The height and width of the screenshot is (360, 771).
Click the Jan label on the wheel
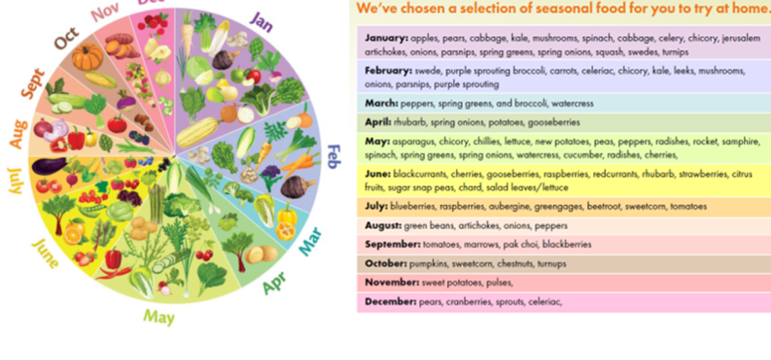tap(261, 21)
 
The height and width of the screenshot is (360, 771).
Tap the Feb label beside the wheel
tap(334, 157)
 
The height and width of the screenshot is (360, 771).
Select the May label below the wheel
tap(159, 317)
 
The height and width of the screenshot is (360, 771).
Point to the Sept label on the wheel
tap(34, 84)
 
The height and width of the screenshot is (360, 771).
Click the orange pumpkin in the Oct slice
tap(88, 57)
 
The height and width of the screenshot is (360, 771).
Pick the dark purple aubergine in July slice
tap(48, 166)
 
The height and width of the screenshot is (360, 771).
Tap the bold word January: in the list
tap(386, 39)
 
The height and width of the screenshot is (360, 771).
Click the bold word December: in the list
tap(390, 302)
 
